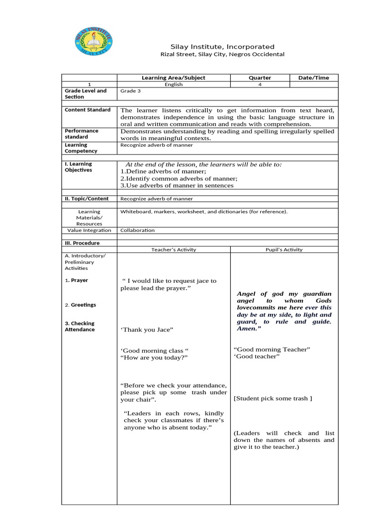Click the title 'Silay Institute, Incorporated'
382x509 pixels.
pyautogui.click(x=215, y=46)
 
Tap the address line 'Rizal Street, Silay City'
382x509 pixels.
pyautogui.click(x=222, y=54)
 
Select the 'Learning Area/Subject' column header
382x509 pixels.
pyautogui.click(x=173, y=78)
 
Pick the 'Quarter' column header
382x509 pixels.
pyautogui.click(x=260, y=78)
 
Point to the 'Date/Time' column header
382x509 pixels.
pyautogui.click(x=313, y=78)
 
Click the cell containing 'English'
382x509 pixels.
pyautogui.click(x=174, y=85)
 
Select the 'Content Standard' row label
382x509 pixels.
pyautogui.click(x=88, y=110)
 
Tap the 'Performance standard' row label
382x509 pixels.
pyautogui.click(x=82, y=134)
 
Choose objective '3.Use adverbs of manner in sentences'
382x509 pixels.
pyautogui.click(x=177, y=185)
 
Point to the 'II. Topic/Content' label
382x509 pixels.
pyautogui.click(x=87, y=199)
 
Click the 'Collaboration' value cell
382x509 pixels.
pyautogui.click(x=137, y=230)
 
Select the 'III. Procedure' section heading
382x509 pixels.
pyautogui.click(x=82, y=243)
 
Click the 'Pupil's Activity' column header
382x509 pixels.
pyautogui.click(x=284, y=250)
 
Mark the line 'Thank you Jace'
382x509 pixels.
pyautogui.click(x=147, y=330)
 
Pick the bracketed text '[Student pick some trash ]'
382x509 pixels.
pyautogui.click(x=273, y=398)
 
